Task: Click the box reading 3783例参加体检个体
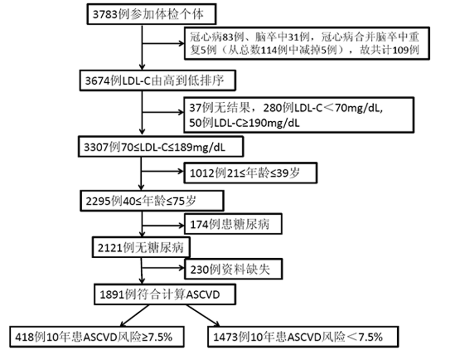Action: click(x=151, y=14)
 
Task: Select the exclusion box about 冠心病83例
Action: click(x=307, y=43)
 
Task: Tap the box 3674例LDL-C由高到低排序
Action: click(x=158, y=80)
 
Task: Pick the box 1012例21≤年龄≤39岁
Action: click(x=251, y=173)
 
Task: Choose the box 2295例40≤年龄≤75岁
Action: click(x=152, y=201)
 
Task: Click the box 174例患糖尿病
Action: click(x=233, y=224)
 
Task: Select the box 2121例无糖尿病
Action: click(x=141, y=247)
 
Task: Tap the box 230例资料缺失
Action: click(x=234, y=269)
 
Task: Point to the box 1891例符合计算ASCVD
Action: click(x=165, y=294)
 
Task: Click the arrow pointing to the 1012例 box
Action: click(x=163, y=171)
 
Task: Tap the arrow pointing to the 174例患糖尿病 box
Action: click(x=164, y=226)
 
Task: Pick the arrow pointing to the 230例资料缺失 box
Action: click(x=163, y=268)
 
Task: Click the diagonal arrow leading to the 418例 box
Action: click(x=135, y=316)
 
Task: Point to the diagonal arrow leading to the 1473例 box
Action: click(x=203, y=316)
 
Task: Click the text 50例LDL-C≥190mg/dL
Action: click(x=244, y=123)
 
